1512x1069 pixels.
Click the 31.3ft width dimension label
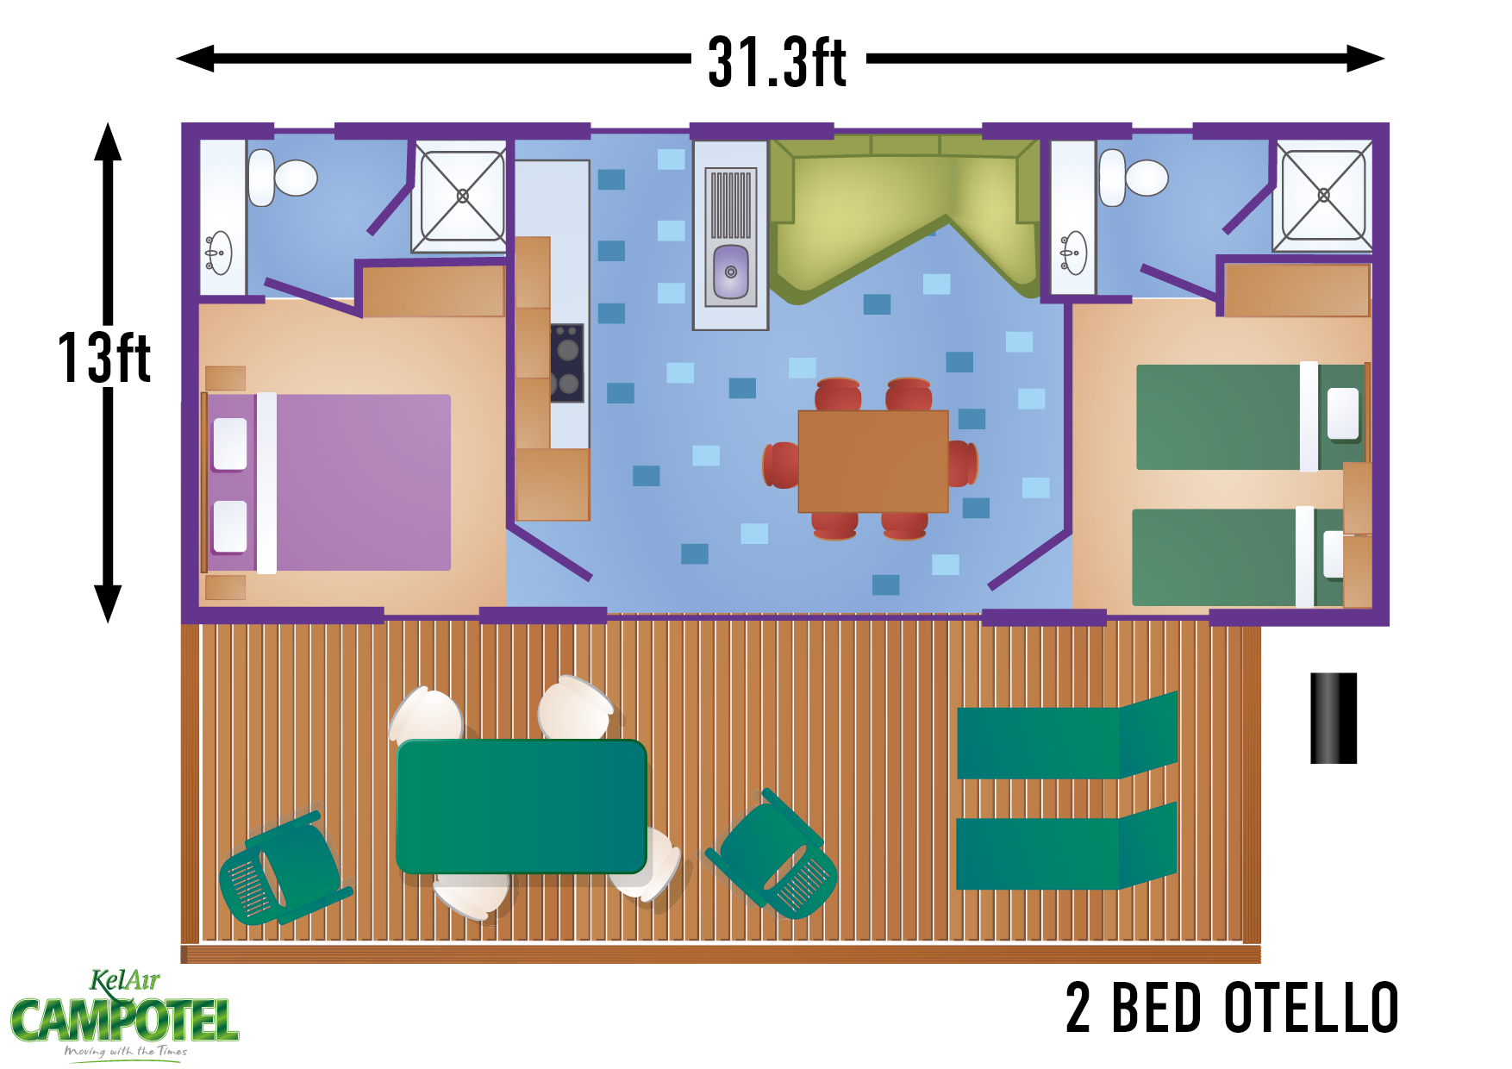pos(778,62)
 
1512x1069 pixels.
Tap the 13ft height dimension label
pos(104,358)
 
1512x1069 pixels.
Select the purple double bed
pos(328,483)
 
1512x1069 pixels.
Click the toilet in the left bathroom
pos(283,178)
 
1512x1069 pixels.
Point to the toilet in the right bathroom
pos(1133,178)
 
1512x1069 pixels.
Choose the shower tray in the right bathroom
pos(1323,196)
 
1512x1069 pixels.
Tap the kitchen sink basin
pos(731,271)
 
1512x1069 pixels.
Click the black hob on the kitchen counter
pos(567,363)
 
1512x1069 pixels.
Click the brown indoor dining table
pos(873,461)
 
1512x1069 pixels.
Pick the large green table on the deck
pos(522,806)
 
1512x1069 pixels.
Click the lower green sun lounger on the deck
pos(1066,850)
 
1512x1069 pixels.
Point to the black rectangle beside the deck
pos(1334,718)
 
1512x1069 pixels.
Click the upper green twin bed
pos(1250,417)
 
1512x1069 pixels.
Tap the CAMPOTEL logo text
pos(125,1021)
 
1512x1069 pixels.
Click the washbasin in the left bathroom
pos(218,253)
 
